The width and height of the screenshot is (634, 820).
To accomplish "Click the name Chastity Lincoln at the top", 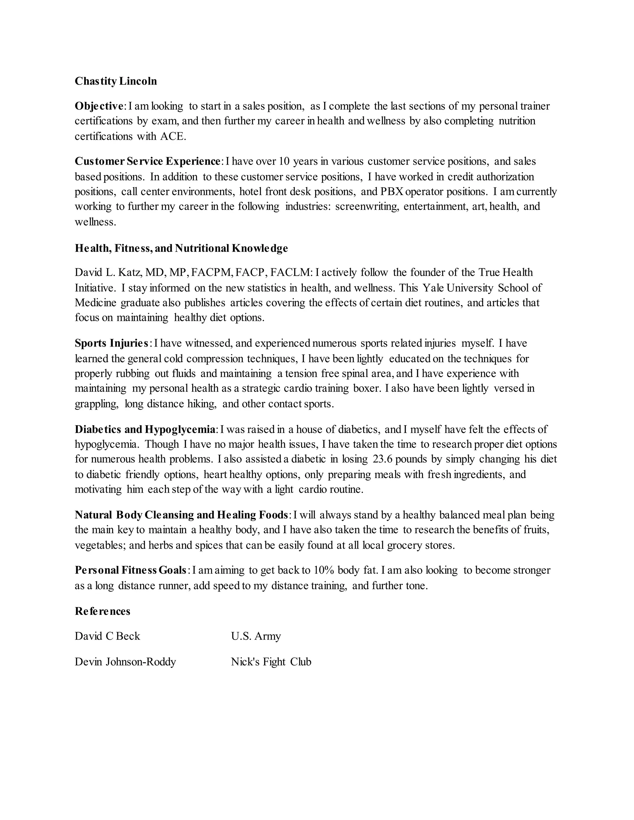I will (x=116, y=81).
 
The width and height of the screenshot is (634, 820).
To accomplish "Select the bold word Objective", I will (x=99, y=106).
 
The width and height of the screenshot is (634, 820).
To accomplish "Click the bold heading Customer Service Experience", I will (x=148, y=162).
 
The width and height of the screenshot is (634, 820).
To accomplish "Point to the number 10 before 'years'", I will (x=284, y=162).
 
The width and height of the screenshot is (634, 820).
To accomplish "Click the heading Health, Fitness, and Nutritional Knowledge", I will (x=181, y=248).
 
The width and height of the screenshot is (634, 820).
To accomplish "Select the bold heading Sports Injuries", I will (x=111, y=343).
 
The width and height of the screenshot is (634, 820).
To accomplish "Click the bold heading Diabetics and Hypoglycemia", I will (x=145, y=429).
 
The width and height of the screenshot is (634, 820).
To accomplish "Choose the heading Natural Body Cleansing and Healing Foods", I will (x=181, y=515).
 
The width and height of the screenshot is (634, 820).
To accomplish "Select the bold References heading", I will (x=102, y=611).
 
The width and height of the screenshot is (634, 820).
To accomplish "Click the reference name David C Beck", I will (x=107, y=636).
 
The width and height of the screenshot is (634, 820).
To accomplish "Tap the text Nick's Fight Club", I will (x=271, y=662).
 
